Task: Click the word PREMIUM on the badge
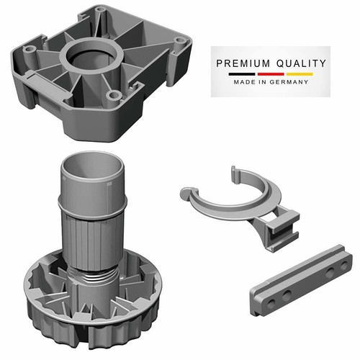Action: [x=243, y=63]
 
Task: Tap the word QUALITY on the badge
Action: [x=301, y=63]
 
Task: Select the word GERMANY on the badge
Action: [x=289, y=82]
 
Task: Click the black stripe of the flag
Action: [x=242, y=74]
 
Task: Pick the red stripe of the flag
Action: [x=271, y=74]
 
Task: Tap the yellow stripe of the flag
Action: [x=300, y=74]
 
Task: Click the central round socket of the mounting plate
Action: [x=91, y=55]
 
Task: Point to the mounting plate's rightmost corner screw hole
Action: [x=179, y=40]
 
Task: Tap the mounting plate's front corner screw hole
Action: [x=113, y=95]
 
